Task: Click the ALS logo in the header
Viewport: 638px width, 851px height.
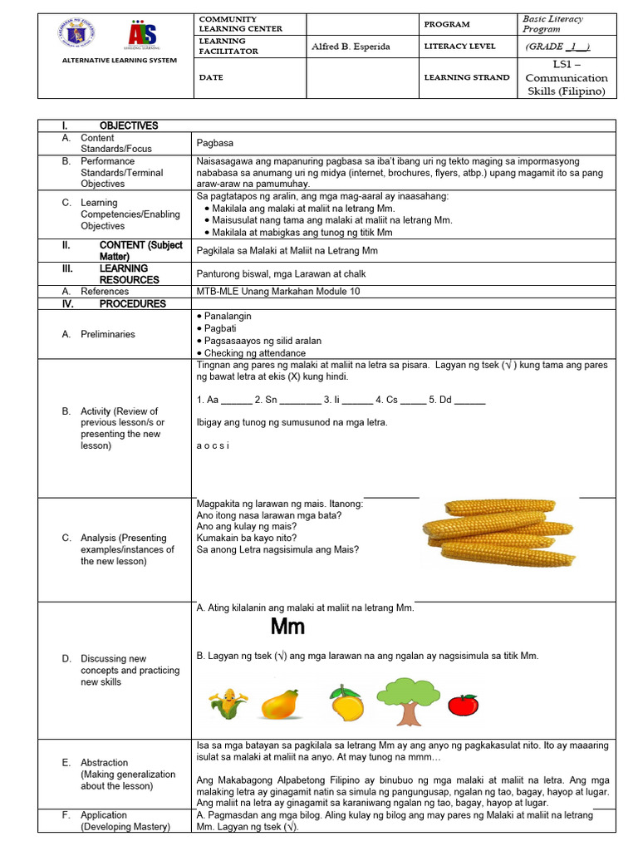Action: [141, 37]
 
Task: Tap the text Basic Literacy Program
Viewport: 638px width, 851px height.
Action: [552, 23]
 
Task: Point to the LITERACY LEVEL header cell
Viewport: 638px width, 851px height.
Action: [459, 47]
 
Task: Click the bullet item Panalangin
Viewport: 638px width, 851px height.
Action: [227, 317]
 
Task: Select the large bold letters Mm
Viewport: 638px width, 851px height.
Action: [288, 626]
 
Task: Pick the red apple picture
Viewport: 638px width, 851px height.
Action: [463, 704]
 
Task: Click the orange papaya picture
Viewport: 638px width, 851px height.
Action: [279, 705]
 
